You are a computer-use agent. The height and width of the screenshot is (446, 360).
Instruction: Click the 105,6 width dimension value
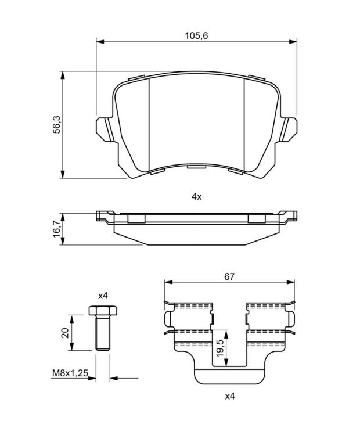click(x=196, y=36)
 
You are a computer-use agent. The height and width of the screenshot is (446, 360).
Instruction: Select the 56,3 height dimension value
click(x=57, y=125)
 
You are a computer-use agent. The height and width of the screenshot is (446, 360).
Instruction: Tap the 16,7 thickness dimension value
click(x=57, y=229)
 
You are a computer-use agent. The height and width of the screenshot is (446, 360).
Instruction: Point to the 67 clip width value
click(x=229, y=276)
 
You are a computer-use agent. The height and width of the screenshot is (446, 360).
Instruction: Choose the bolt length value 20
click(x=66, y=333)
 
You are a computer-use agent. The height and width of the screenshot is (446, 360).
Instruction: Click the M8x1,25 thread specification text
click(x=70, y=373)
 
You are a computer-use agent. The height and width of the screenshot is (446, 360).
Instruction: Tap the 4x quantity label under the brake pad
click(x=196, y=196)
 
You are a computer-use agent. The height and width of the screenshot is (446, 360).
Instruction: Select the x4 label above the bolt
click(x=103, y=296)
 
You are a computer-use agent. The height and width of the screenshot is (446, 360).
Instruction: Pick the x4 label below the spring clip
click(x=230, y=396)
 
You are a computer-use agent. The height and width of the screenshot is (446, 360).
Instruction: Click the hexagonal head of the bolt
click(x=103, y=310)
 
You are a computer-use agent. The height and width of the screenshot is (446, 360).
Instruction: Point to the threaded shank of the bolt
click(x=103, y=333)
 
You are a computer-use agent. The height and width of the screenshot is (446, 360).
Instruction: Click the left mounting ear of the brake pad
click(x=105, y=130)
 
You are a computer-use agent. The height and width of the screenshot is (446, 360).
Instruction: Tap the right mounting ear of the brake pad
click(x=288, y=130)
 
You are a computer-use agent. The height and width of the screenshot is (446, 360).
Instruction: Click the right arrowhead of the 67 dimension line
click(x=291, y=282)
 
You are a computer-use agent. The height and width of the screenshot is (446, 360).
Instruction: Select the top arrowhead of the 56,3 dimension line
click(x=63, y=75)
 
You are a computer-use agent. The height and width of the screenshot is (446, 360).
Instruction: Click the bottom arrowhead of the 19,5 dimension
click(x=226, y=362)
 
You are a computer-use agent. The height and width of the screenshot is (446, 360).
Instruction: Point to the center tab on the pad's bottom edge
click(x=196, y=166)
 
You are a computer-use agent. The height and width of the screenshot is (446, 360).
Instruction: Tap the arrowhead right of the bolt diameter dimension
click(x=114, y=378)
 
